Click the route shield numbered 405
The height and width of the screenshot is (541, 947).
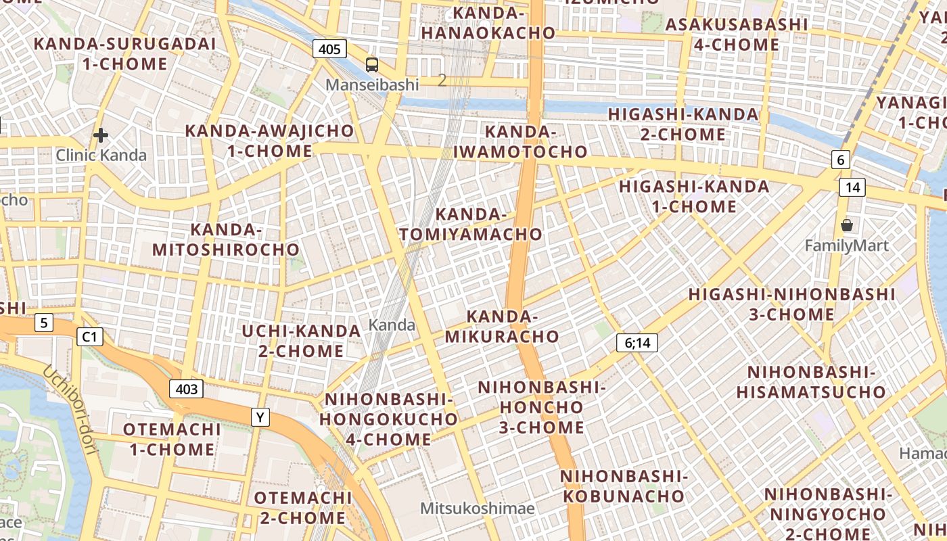[x=329, y=49]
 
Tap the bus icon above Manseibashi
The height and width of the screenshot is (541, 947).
[x=372, y=65]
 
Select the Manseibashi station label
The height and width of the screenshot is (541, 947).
[x=372, y=85]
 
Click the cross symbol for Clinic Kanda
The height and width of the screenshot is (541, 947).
[x=101, y=135]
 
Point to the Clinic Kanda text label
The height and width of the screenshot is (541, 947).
[x=101, y=155]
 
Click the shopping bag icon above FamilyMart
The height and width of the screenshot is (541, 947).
[x=846, y=225]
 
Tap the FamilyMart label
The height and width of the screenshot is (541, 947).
[x=846, y=245]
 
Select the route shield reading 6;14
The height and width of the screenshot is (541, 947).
[x=637, y=343]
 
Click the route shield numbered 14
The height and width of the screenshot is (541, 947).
[x=852, y=187]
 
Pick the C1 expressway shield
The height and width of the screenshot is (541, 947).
[x=90, y=336]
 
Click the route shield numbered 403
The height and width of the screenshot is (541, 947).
[x=186, y=389]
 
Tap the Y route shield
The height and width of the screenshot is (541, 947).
[x=260, y=417]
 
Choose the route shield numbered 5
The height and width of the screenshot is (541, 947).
[x=44, y=323]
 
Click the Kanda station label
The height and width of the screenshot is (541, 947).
[x=392, y=325]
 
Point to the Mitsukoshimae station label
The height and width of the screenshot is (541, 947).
[x=477, y=508]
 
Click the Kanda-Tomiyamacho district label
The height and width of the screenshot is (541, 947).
[x=471, y=225]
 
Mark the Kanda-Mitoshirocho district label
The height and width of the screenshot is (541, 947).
[x=226, y=240]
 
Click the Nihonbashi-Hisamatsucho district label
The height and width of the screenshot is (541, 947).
[x=810, y=382]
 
